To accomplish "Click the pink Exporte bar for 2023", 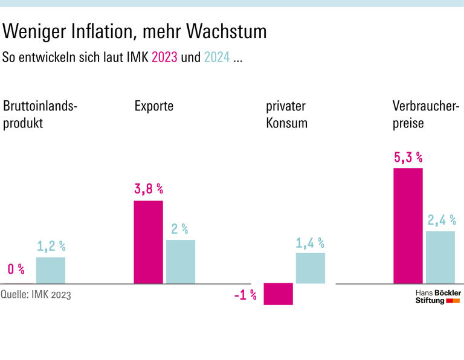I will point(148,242).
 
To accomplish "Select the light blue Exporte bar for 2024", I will point(181,262).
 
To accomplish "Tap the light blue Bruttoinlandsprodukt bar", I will point(51,270).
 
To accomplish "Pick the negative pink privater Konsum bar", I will point(279,294).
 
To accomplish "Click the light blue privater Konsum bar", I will point(311,268).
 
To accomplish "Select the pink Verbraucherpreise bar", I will point(408,225).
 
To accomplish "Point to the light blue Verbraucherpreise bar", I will point(440,257).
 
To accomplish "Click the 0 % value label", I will point(16,269).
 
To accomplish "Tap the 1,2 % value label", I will point(51,246).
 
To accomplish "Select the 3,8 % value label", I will point(149,189).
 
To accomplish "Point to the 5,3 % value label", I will point(408,158).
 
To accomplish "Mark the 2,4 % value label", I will point(441,220).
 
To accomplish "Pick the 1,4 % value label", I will point(310,243).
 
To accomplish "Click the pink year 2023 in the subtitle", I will point(164,58).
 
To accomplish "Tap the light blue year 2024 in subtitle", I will point(217,58).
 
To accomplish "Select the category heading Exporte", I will point(154,106).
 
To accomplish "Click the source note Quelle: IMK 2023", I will point(36,295).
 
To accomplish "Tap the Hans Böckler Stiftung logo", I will point(437,296).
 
